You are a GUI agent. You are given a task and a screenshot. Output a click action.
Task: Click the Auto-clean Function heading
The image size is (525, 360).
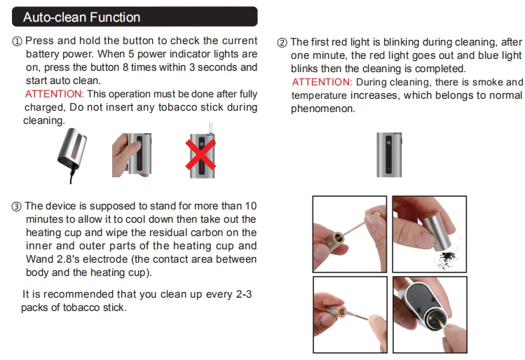[82, 18]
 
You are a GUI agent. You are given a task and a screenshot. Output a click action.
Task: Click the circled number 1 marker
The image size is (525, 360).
[17, 41]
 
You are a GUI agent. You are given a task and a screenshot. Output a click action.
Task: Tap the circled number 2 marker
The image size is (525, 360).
[282, 43]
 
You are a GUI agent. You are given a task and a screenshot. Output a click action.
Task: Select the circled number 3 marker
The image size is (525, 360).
[16, 207]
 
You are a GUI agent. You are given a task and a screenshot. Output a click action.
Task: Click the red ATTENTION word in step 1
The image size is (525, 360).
[54, 94]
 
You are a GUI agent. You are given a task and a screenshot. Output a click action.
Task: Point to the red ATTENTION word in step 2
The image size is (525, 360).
[322, 82]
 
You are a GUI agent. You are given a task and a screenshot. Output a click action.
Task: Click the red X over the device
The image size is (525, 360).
[200, 155]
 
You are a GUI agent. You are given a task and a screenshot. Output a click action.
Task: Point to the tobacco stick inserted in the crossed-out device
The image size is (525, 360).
[210, 128]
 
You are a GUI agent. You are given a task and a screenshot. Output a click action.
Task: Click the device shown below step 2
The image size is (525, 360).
[389, 155]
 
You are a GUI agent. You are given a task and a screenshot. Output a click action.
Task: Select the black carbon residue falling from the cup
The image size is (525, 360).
[447, 259]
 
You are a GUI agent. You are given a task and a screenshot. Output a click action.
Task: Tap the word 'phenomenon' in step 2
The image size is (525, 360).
[322, 109]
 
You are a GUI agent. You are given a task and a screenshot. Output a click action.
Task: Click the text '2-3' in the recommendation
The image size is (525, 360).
[244, 294]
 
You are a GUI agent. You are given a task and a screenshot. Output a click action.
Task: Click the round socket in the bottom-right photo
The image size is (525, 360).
[435, 319]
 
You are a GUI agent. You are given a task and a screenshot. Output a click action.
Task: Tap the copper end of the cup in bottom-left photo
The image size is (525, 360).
[342, 312]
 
